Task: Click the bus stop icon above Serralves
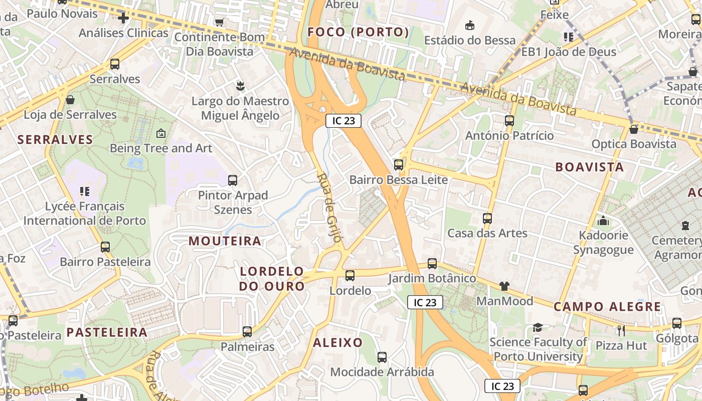pyautogui.click(x=115, y=64)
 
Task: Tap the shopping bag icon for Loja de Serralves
pyautogui.click(x=70, y=100)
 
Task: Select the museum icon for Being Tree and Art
pyautogui.click(x=161, y=133)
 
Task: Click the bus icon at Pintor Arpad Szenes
pyautogui.click(x=233, y=180)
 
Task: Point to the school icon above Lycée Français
pyautogui.click(x=85, y=191)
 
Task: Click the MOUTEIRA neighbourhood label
pyautogui.click(x=225, y=241)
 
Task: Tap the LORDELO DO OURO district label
pyautogui.click(x=272, y=279)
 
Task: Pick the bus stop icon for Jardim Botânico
pyautogui.click(x=432, y=264)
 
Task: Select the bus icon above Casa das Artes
pyautogui.click(x=487, y=219)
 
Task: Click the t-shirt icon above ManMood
pyautogui.click(x=504, y=286)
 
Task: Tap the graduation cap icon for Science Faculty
pyautogui.click(x=538, y=327)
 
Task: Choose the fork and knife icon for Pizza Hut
pyautogui.click(x=621, y=331)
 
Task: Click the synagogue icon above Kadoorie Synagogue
pyautogui.click(x=603, y=221)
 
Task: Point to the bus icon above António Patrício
pyautogui.click(x=509, y=121)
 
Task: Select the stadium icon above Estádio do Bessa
pyautogui.click(x=470, y=25)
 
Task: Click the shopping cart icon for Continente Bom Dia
pyautogui.click(x=219, y=22)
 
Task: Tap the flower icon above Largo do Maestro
pyautogui.click(x=240, y=86)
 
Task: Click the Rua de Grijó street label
pyautogui.click(x=330, y=208)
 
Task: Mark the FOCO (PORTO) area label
pyautogui.click(x=359, y=33)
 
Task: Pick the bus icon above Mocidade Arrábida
pyautogui.click(x=382, y=357)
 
